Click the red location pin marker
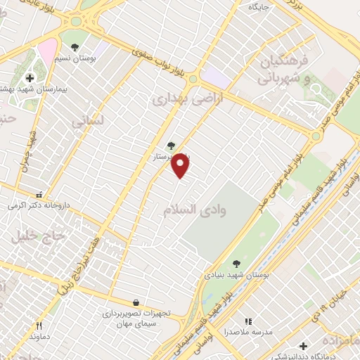[181, 165]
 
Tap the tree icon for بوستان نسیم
[75, 47]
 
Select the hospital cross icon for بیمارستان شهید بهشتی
[30, 78]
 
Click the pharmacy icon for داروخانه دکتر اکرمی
[39, 195]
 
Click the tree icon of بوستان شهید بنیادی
[236, 264]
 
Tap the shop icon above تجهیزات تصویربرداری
[136, 303]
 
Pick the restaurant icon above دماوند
[39, 326]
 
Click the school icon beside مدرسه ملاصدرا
[247, 321]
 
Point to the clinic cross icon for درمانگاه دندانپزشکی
[302, 346]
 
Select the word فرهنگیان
[284, 60]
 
